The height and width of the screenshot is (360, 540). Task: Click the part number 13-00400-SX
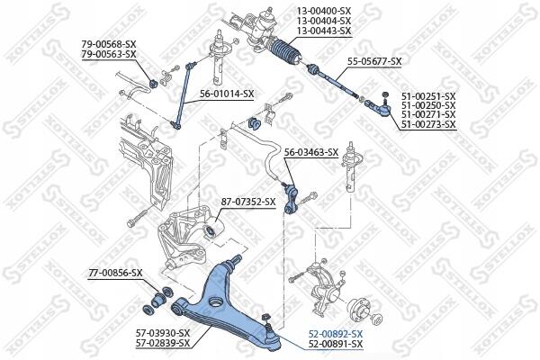click(324, 12)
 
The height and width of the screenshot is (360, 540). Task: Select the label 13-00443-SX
click(324, 31)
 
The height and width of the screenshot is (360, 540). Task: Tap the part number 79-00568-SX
click(109, 44)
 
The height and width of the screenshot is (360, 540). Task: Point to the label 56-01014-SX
click(227, 94)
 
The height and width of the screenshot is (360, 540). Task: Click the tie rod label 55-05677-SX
click(374, 62)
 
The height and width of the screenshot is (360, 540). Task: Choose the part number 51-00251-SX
click(428, 96)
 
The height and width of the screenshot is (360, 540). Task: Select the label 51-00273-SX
click(428, 124)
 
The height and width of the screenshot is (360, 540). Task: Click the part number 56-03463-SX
click(311, 152)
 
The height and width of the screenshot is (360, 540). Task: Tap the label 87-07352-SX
click(248, 202)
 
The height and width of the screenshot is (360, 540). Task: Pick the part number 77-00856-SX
click(115, 274)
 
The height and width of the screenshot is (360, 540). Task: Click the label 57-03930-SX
click(163, 333)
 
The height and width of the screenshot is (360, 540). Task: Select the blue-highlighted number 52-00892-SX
click(336, 334)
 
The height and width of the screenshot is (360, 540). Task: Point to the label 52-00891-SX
click(336, 344)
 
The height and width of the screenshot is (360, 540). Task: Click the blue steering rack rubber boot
click(286, 52)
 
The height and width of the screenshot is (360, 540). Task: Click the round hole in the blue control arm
click(216, 301)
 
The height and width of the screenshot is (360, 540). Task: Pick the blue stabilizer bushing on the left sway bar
click(153, 83)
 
